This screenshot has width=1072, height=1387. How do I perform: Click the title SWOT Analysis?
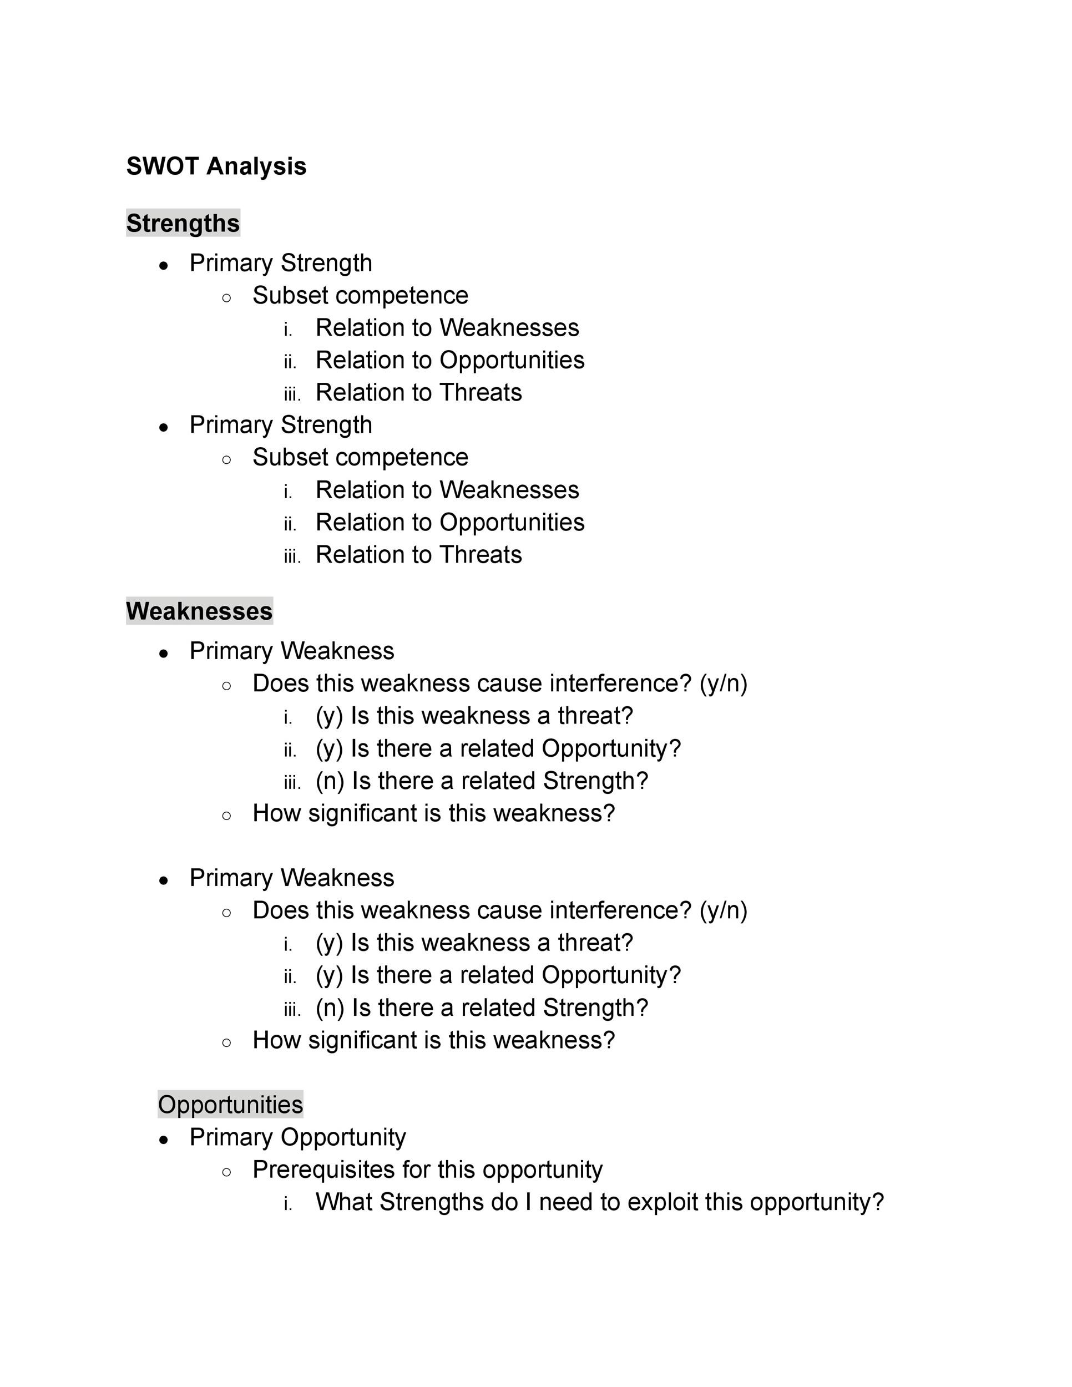216,166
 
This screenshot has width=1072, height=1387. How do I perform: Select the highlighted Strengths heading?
183,223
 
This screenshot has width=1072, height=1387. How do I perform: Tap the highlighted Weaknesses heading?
199,611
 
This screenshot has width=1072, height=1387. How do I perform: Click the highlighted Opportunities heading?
230,1105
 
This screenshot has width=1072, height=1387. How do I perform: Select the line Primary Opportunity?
297,1137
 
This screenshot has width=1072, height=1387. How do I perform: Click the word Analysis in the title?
256,166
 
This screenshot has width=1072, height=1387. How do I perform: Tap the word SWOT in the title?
163,166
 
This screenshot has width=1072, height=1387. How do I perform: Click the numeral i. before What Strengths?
287,1203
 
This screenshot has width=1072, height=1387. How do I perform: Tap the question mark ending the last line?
878,1202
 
